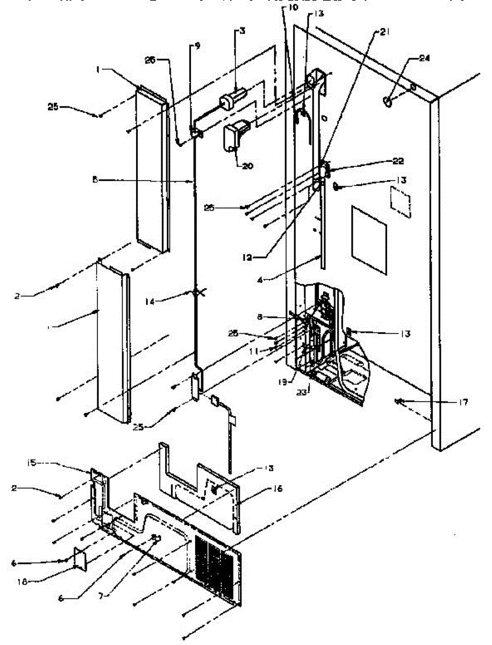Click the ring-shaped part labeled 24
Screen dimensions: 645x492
389,100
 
